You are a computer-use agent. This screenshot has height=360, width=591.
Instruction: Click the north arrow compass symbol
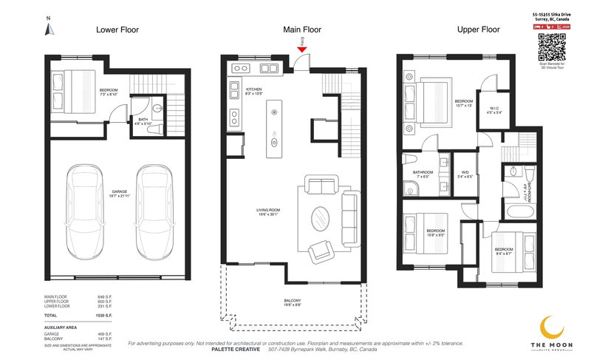click(x=48, y=28)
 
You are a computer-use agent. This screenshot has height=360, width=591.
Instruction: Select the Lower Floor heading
click(x=117, y=30)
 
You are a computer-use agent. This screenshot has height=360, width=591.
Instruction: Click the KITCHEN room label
click(x=254, y=89)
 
